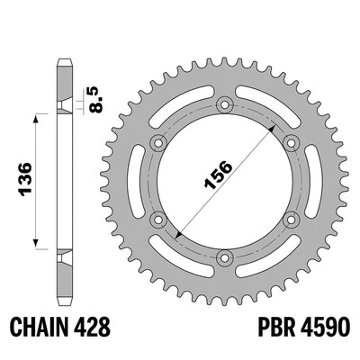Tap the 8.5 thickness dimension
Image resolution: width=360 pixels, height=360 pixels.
94,97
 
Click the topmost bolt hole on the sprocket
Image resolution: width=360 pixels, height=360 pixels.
222,102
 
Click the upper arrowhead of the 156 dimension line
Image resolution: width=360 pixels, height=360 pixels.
267,125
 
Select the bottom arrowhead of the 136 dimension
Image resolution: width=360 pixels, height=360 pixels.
37,245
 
